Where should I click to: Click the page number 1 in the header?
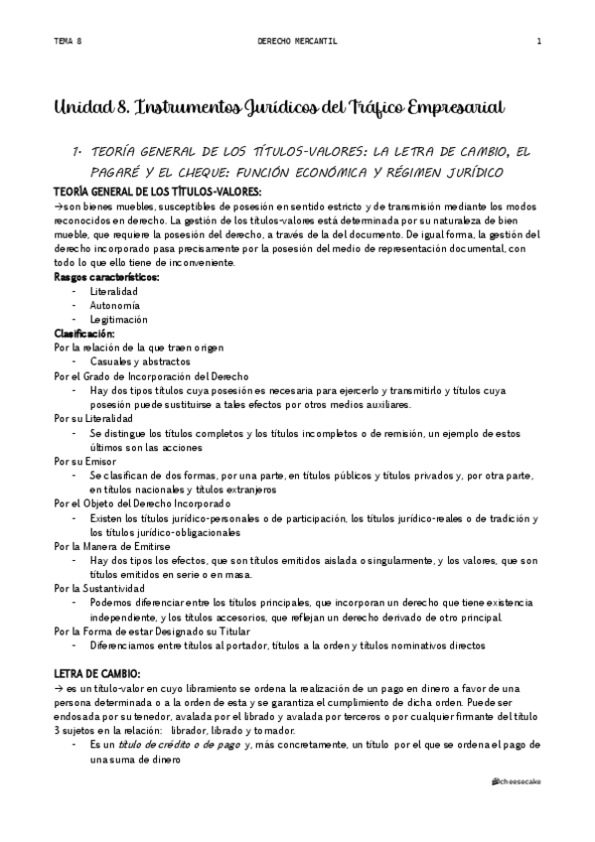point(538,42)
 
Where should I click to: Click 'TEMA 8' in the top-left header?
point(67,42)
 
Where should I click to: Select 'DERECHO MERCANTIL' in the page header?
point(297,42)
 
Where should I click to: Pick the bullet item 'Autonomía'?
point(114,306)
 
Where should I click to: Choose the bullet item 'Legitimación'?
point(118,320)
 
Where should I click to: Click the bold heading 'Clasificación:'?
point(84,334)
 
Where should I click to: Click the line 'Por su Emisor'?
point(85,462)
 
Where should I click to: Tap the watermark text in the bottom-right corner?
point(517,782)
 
